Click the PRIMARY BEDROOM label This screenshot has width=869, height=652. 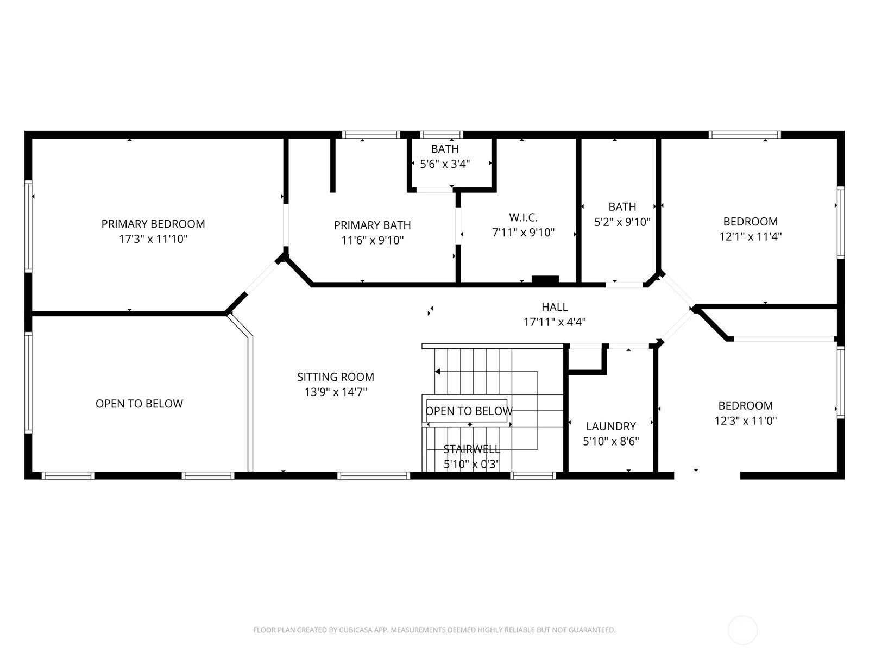(153, 224)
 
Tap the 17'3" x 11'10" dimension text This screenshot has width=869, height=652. (153, 239)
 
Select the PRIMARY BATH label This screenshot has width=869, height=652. (372, 225)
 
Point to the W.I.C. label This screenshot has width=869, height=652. (523, 217)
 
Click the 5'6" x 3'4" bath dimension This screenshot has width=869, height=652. (445, 164)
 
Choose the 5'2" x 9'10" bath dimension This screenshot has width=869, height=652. (622, 222)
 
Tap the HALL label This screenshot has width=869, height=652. (555, 307)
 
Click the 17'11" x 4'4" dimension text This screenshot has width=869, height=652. (555, 322)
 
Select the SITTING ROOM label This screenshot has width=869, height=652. (336, 377)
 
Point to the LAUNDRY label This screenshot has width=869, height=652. (611, 427)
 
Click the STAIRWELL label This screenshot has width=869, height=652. (471, 449)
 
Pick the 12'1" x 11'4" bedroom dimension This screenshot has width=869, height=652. (750, 237)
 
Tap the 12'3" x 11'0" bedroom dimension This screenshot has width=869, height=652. (746, 421)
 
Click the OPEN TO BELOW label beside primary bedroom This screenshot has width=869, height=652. (139, 404)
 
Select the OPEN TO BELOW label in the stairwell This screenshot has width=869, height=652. (469, 411)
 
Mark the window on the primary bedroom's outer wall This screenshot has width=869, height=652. (28, 226)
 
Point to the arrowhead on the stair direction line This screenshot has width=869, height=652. (437, 371)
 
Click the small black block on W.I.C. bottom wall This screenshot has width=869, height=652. (545, 279)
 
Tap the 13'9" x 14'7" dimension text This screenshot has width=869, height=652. (336, 392)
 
